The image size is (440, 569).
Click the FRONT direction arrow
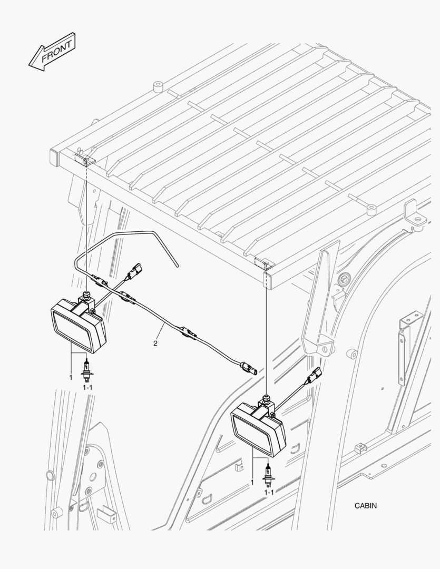pos(52,52)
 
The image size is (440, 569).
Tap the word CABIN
pos(366,505)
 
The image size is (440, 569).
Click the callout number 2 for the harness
pos(155,344)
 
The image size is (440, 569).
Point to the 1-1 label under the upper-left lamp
pos(87,388)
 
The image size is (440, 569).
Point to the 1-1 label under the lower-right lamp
pos(269,493)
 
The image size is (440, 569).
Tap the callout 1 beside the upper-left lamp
pos(71,377)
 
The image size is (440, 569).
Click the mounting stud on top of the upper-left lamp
pos(86,295)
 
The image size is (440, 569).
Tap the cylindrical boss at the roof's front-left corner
pos(158,87)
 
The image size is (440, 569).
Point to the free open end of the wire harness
pos(177,266)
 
